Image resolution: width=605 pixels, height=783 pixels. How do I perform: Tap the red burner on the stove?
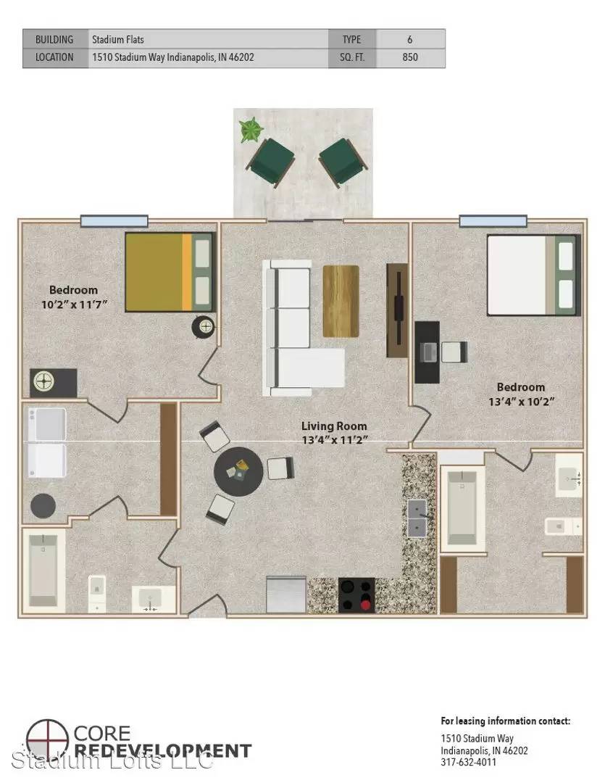tap(365, 605)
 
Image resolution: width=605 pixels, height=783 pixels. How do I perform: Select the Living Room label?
tap(334, 426)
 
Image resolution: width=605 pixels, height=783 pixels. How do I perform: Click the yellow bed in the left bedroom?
tap(170, 272)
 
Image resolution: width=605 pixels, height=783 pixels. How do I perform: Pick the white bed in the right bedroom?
tap(533, 275)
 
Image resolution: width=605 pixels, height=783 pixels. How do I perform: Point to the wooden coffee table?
tap(341, 301)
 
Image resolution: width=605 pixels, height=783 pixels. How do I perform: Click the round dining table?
tap(238, 471)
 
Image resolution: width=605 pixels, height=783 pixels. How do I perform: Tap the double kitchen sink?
tap(417, 518)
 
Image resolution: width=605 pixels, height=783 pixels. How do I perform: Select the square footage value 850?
tap(410, 57)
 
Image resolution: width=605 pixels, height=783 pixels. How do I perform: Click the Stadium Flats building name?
tap(118, 39)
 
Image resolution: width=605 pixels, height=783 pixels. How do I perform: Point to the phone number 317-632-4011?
tap(468, 762)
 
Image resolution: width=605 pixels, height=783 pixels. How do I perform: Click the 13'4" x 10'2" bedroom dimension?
tap(521, 401)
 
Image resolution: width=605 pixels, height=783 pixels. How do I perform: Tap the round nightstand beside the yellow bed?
tap(204, 327)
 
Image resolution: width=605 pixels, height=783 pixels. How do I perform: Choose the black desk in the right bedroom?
tap(427, 352)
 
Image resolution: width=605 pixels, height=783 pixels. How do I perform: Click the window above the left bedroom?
tap(114, 220)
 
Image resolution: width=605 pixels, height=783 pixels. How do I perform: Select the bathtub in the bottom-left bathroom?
tap(43, 571)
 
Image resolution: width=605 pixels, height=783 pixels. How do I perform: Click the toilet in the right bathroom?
tap(563, 526)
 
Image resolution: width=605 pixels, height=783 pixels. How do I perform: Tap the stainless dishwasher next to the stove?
tap(286, 594)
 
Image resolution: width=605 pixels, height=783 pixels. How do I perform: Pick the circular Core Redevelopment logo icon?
tap(47, 739)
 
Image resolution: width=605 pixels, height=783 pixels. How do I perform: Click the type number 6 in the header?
tap(410, 39)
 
